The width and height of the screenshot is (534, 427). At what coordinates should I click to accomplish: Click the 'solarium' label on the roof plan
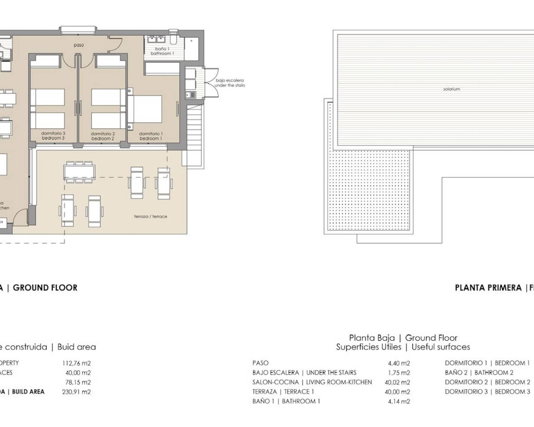451,89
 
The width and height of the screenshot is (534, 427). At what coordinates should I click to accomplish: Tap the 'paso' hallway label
79,45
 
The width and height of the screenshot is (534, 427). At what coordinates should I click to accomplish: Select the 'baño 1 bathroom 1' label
162,51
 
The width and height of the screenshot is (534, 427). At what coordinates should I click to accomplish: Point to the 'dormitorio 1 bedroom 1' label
151,136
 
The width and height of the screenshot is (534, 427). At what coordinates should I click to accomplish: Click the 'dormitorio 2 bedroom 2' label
103,136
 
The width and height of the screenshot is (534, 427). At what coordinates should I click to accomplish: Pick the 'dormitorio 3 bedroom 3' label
53,136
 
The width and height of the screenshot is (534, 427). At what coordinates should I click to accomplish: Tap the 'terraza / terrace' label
151,216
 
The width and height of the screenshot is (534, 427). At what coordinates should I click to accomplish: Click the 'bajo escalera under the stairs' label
229,83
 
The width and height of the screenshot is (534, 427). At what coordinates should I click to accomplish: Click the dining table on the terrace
79,171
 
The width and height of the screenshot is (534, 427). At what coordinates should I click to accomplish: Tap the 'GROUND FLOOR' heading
45,288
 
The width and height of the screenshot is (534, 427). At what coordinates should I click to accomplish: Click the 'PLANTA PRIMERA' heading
488,288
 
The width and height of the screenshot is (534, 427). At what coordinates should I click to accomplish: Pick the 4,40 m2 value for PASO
399,363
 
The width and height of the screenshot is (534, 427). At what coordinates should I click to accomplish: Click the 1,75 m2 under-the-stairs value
399,373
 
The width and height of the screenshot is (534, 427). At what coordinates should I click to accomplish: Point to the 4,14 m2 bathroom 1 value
399,402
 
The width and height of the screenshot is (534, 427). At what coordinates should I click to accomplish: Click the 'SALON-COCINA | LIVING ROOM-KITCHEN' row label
312,382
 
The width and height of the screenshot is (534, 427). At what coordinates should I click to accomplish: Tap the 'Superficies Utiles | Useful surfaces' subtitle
403,347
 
